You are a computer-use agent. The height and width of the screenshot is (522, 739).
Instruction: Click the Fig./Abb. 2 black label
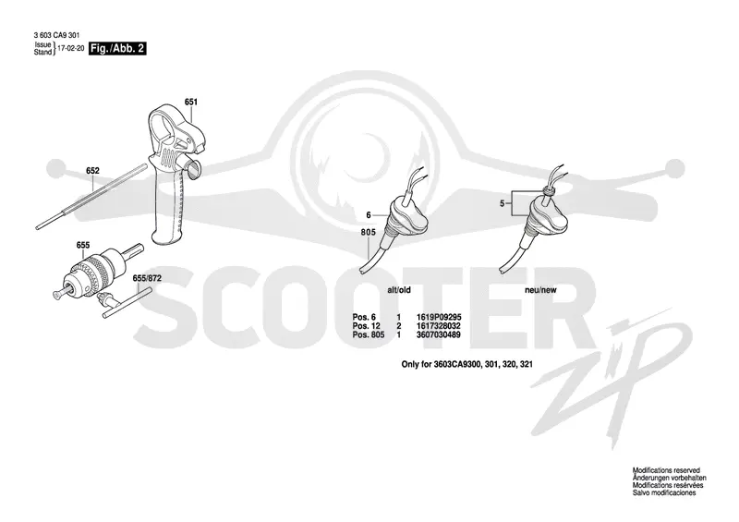coord(117,48)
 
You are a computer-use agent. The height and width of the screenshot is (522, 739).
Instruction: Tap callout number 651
coord(191,102)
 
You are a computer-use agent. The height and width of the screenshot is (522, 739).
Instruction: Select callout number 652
coord(92,171)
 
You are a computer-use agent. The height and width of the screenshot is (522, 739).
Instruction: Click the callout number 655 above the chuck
coord(83,245)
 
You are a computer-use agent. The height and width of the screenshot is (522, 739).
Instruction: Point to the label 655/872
coord(147,279)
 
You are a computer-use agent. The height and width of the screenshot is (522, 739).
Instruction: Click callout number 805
coord(369,232)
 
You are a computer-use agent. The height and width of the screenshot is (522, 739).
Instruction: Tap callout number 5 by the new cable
coord(503,203)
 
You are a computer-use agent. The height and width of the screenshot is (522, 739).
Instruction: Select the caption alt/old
coord(399,290)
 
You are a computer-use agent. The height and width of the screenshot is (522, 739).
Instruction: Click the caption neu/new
coord(540,290)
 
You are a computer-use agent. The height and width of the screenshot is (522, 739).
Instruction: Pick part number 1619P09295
coord(439,317)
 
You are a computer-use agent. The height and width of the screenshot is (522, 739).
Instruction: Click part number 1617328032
coord(438,326)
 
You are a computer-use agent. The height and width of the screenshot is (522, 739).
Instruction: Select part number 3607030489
coord(438,334)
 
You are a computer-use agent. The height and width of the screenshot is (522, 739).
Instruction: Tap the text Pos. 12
coord(366,326)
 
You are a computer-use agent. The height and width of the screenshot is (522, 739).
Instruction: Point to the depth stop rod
coord(91,196)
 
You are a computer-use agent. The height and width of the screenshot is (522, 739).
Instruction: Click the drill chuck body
coord(97,273)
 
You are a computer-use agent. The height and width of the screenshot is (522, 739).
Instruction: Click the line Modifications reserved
coord(666,470)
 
